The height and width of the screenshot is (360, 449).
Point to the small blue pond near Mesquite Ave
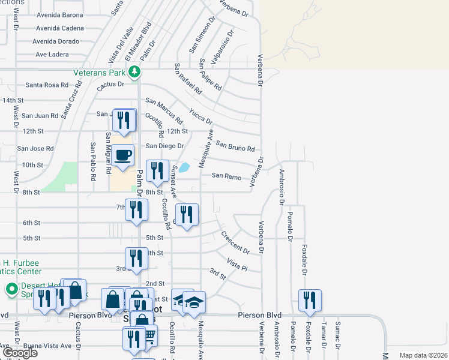tap(185, 167)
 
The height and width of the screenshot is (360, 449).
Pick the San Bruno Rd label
tap(235, 146)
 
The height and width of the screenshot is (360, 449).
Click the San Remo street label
tap(226, 176)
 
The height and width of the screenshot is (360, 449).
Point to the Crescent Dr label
tap(235, 242)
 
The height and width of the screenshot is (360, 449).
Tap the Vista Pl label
tap(237, 264)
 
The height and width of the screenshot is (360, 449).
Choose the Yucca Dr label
tap(200, 116)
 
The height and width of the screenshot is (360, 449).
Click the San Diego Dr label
tap(165, 146)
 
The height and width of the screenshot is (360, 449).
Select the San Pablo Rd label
tap(94, 161)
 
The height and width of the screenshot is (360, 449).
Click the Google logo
tap(20, 352)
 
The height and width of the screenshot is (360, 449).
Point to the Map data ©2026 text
tap(423, 355)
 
